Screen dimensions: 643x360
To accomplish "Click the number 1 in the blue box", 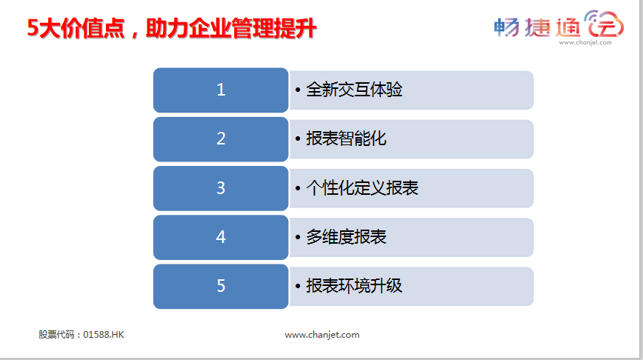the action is click(221, 90).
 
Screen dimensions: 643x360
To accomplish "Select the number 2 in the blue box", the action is click(221, 139).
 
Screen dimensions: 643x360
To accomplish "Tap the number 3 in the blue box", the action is click(221, 188).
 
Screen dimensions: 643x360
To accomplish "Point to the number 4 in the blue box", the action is click(221, 236).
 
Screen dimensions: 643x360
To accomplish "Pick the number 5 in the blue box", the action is click(221, 286).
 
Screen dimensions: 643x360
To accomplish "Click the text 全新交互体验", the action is click(354, 90).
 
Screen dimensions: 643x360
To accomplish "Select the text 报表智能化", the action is click(346, 139).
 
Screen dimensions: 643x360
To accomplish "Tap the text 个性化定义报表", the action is click(362, 188).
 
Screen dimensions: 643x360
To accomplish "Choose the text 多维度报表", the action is click(346, 236).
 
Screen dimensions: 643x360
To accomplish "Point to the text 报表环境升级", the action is click(354, 286).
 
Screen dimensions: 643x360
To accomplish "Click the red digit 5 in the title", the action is click(33, 28).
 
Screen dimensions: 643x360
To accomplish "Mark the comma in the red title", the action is click(135, 35).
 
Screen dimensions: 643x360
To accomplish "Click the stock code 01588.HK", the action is click(104, 335).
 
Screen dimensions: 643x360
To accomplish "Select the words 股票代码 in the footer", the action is click(56, 335).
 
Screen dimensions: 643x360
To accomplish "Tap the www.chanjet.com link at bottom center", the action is click(322, 335).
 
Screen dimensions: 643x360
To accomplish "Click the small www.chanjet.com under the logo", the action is click(585, 42).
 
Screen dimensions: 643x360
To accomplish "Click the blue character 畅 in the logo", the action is click(507, 27).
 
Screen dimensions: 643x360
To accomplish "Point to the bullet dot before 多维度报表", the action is click(298, 237).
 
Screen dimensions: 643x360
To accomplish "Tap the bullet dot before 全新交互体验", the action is click(298, 90).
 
